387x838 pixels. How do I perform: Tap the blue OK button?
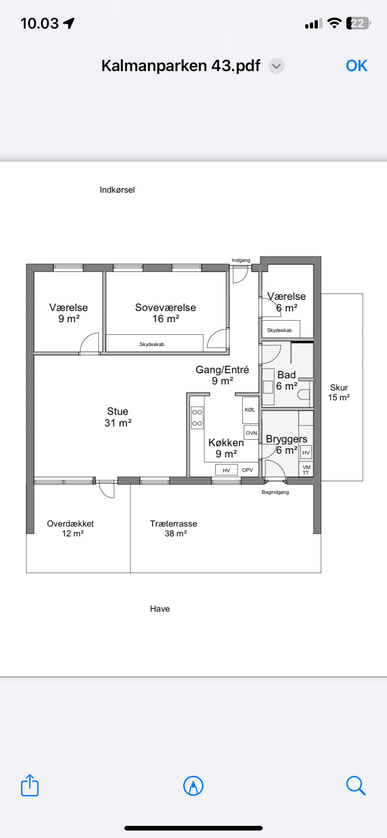click(x=357, y=66)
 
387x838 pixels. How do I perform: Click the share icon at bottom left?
click(x=30, y=785)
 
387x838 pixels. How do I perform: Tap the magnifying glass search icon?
click(x=356, y=786)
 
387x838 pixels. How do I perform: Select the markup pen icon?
click(x=193, y=786)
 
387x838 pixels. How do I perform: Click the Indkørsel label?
click(x=117, y=190)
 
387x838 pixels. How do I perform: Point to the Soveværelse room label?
click(x=165, y=308)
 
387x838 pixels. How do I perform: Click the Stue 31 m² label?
click(x=118, y=417)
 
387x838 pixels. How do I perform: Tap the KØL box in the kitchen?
click(x=250, y=410)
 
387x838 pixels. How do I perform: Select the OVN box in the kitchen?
click(x=251, y=433)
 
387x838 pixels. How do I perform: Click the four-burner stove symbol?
click(x=197, y=418)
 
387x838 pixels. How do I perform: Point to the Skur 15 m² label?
click(x=339, y=392)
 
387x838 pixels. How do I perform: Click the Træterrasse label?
click(x=173, y=524)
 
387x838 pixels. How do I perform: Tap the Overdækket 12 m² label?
click(x=71, y=528)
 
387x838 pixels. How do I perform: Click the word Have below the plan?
click(x=160, y=609)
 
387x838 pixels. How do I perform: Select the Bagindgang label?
click(x=275, y=492)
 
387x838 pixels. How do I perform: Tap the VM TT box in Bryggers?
click(x=306, y=470)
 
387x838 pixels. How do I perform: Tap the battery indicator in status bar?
click(x=358, y=23)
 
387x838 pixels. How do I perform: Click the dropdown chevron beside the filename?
click(x=276, y=66)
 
